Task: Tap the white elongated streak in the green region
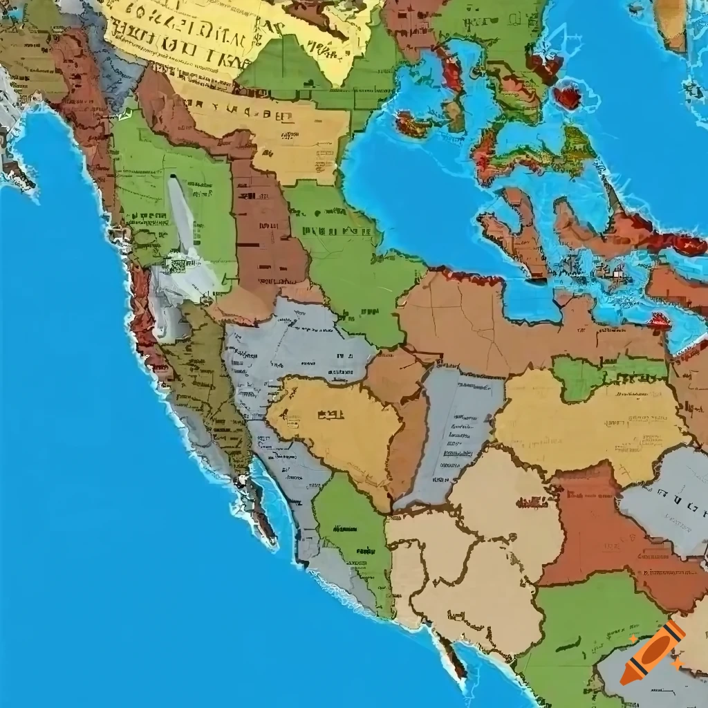(x=181, y=214)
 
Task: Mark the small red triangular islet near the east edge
(x=660, y=320)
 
